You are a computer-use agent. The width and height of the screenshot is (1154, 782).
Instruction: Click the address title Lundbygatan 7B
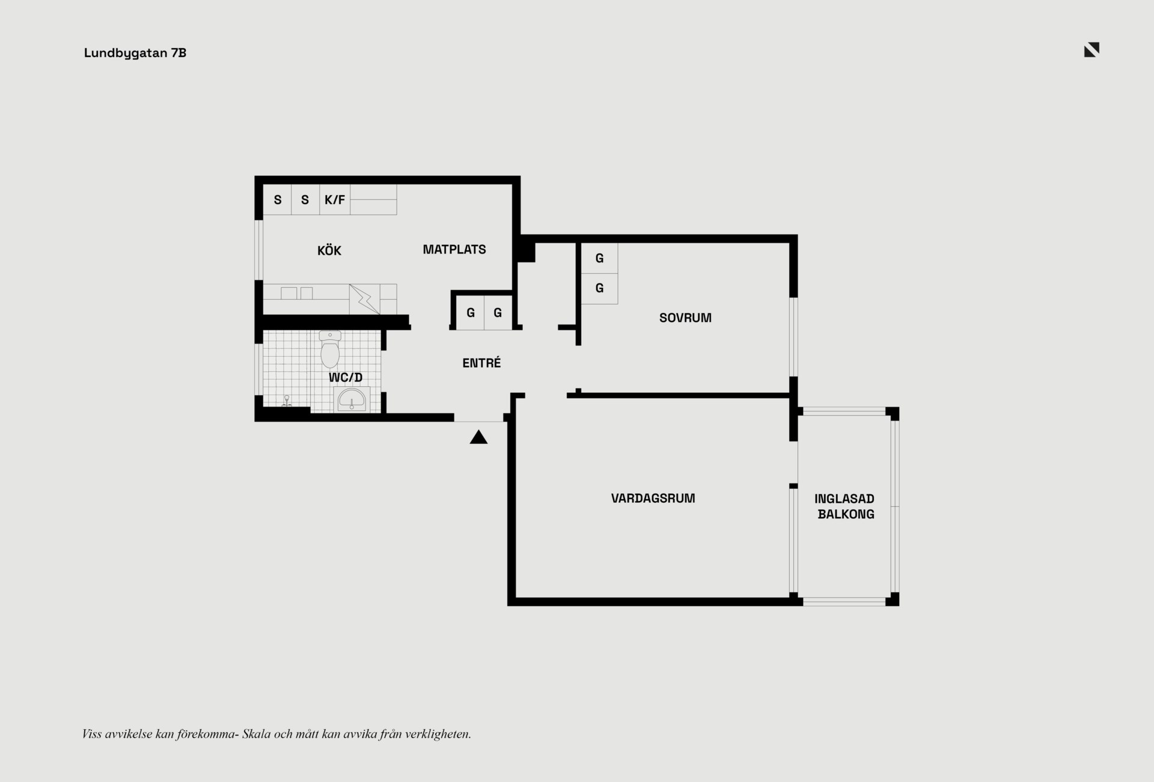pyautogui.click(x=135, y=53)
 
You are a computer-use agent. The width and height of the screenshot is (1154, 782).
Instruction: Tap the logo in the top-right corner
pyautogui.click(x=1091, y=50)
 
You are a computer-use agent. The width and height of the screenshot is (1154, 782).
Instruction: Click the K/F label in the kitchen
pyautogui.click(x=335, y=200)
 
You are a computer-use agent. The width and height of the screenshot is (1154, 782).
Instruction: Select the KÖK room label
pyautogui.click(x=329, y=250)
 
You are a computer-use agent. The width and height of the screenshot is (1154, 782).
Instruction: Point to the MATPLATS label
pyautogui.click(x=454, y=249)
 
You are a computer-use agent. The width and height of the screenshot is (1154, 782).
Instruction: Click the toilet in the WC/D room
pyautogui.click(x=330, y=349)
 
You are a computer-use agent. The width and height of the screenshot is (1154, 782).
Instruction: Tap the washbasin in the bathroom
pyautogui.click(x=351, y=399)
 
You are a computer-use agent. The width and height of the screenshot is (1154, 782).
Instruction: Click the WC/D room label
pyautogui.click(x=346, y=378)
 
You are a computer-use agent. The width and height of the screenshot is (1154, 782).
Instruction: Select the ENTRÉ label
pyautogui.click(x=481, y=363)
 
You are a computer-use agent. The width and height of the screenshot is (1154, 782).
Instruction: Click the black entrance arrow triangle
pyautogui.click(x=478, y=437)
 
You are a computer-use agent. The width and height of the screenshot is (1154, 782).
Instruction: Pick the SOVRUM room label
pyautogui.click(x=685, y=318)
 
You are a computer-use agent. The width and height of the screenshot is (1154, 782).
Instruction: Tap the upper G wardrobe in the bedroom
pyautogui.click(x=599, y=258)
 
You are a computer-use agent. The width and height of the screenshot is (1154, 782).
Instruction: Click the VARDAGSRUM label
pyautogui.click(x=653, y=498)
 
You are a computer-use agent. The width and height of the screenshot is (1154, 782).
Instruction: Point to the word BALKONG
pyautogui.click(x=846, y=514)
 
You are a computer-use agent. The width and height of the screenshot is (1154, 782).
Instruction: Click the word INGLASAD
pyautogui.click(x=844, y=499)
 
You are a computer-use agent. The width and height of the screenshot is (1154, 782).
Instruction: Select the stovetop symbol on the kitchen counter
pyautogui.click(x=365, y=299)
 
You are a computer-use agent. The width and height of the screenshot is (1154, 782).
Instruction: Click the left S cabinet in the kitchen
pyautogui.click(x=278, y=199)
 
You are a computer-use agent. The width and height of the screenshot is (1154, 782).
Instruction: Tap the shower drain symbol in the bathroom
pyautogui.click(x=287, y=401)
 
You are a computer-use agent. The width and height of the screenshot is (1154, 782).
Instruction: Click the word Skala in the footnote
pyautogui.click(x=256, y=734)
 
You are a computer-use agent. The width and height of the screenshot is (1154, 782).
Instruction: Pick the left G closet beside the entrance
pyautogui.click(x=471, y=312)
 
